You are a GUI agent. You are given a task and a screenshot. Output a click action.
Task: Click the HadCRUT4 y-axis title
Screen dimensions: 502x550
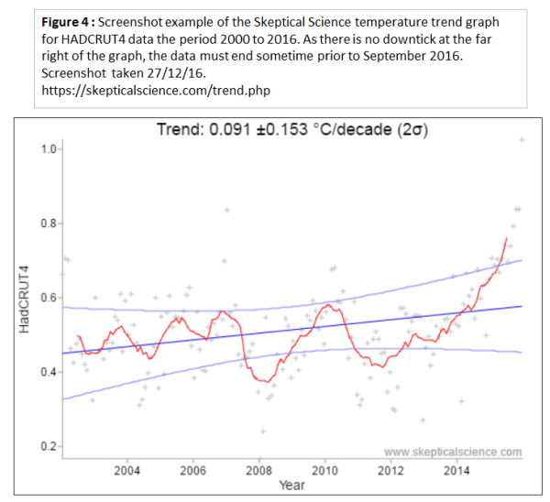coord(27,298)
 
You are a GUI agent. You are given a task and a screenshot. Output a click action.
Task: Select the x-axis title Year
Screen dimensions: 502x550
coord(291,486)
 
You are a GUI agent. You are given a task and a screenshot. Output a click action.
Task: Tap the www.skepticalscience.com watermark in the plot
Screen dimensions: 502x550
coord(453,452)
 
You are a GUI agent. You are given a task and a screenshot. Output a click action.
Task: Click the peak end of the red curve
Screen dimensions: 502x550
coord(506,238)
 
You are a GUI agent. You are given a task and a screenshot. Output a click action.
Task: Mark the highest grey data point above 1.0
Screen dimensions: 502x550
coord(522,140)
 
